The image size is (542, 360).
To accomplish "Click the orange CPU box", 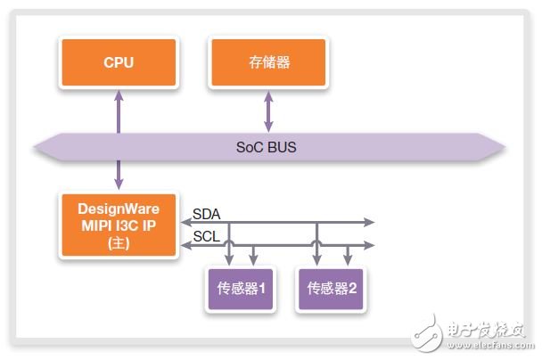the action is click(119, 62).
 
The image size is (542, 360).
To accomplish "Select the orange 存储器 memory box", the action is click(268, 62).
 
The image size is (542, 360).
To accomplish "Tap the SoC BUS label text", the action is click(267, 147).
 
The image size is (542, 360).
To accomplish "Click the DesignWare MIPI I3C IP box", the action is click(119, 225).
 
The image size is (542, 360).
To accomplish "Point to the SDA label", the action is click(206, 214).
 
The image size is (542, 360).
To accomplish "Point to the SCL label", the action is click(206, 237).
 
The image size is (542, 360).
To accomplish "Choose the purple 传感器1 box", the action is click(241, 289).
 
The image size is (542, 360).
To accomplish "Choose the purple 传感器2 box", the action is click(331, 289).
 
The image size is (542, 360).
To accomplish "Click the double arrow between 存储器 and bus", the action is click(268, 111).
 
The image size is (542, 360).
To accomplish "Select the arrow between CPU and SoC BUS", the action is click(119, 111).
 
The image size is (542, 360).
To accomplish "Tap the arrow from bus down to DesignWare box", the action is click(119, 175).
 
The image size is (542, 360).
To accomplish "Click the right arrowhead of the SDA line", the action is click(370, 222).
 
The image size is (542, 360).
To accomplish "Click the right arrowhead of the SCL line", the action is click(370, 245).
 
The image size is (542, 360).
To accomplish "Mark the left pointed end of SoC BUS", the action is click(35, 148).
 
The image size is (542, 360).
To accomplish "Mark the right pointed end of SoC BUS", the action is click(505, 148).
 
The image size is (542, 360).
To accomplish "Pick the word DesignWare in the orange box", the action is click(119, 209).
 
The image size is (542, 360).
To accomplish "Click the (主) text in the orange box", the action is click(119, 243).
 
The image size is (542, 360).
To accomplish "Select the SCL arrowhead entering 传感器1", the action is click(253, 261).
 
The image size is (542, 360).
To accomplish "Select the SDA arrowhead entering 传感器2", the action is click(317, 261).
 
